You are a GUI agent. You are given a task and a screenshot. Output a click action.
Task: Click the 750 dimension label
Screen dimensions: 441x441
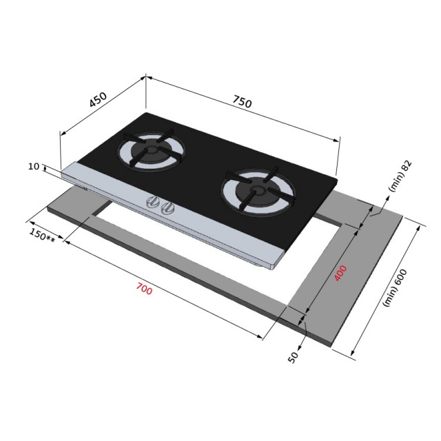[x=242, y=101]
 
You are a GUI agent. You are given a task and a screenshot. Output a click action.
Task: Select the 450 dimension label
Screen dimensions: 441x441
[x=98, y=99]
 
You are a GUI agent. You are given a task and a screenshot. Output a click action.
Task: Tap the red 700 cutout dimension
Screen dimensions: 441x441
[x=144, y=289]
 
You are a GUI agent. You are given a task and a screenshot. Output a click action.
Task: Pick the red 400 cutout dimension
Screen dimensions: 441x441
[x=340, y=273]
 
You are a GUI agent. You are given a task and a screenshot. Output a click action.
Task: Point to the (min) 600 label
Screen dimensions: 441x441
[x=395, y=288]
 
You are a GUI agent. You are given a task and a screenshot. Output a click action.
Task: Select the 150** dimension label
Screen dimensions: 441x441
[x=42, y=235]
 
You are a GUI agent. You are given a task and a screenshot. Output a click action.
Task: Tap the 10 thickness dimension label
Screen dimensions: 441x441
[x=34, y=167]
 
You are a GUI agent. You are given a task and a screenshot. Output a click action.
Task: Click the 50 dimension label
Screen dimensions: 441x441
[x=293, y=357]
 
